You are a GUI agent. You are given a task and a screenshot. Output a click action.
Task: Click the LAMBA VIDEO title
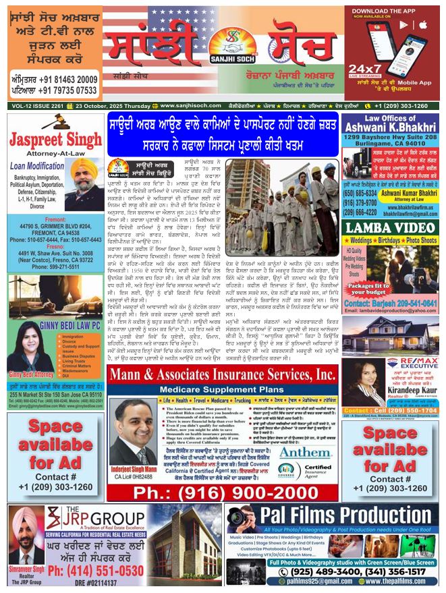(391, 227)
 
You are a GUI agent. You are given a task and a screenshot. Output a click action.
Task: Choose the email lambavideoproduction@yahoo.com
(391, 310)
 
